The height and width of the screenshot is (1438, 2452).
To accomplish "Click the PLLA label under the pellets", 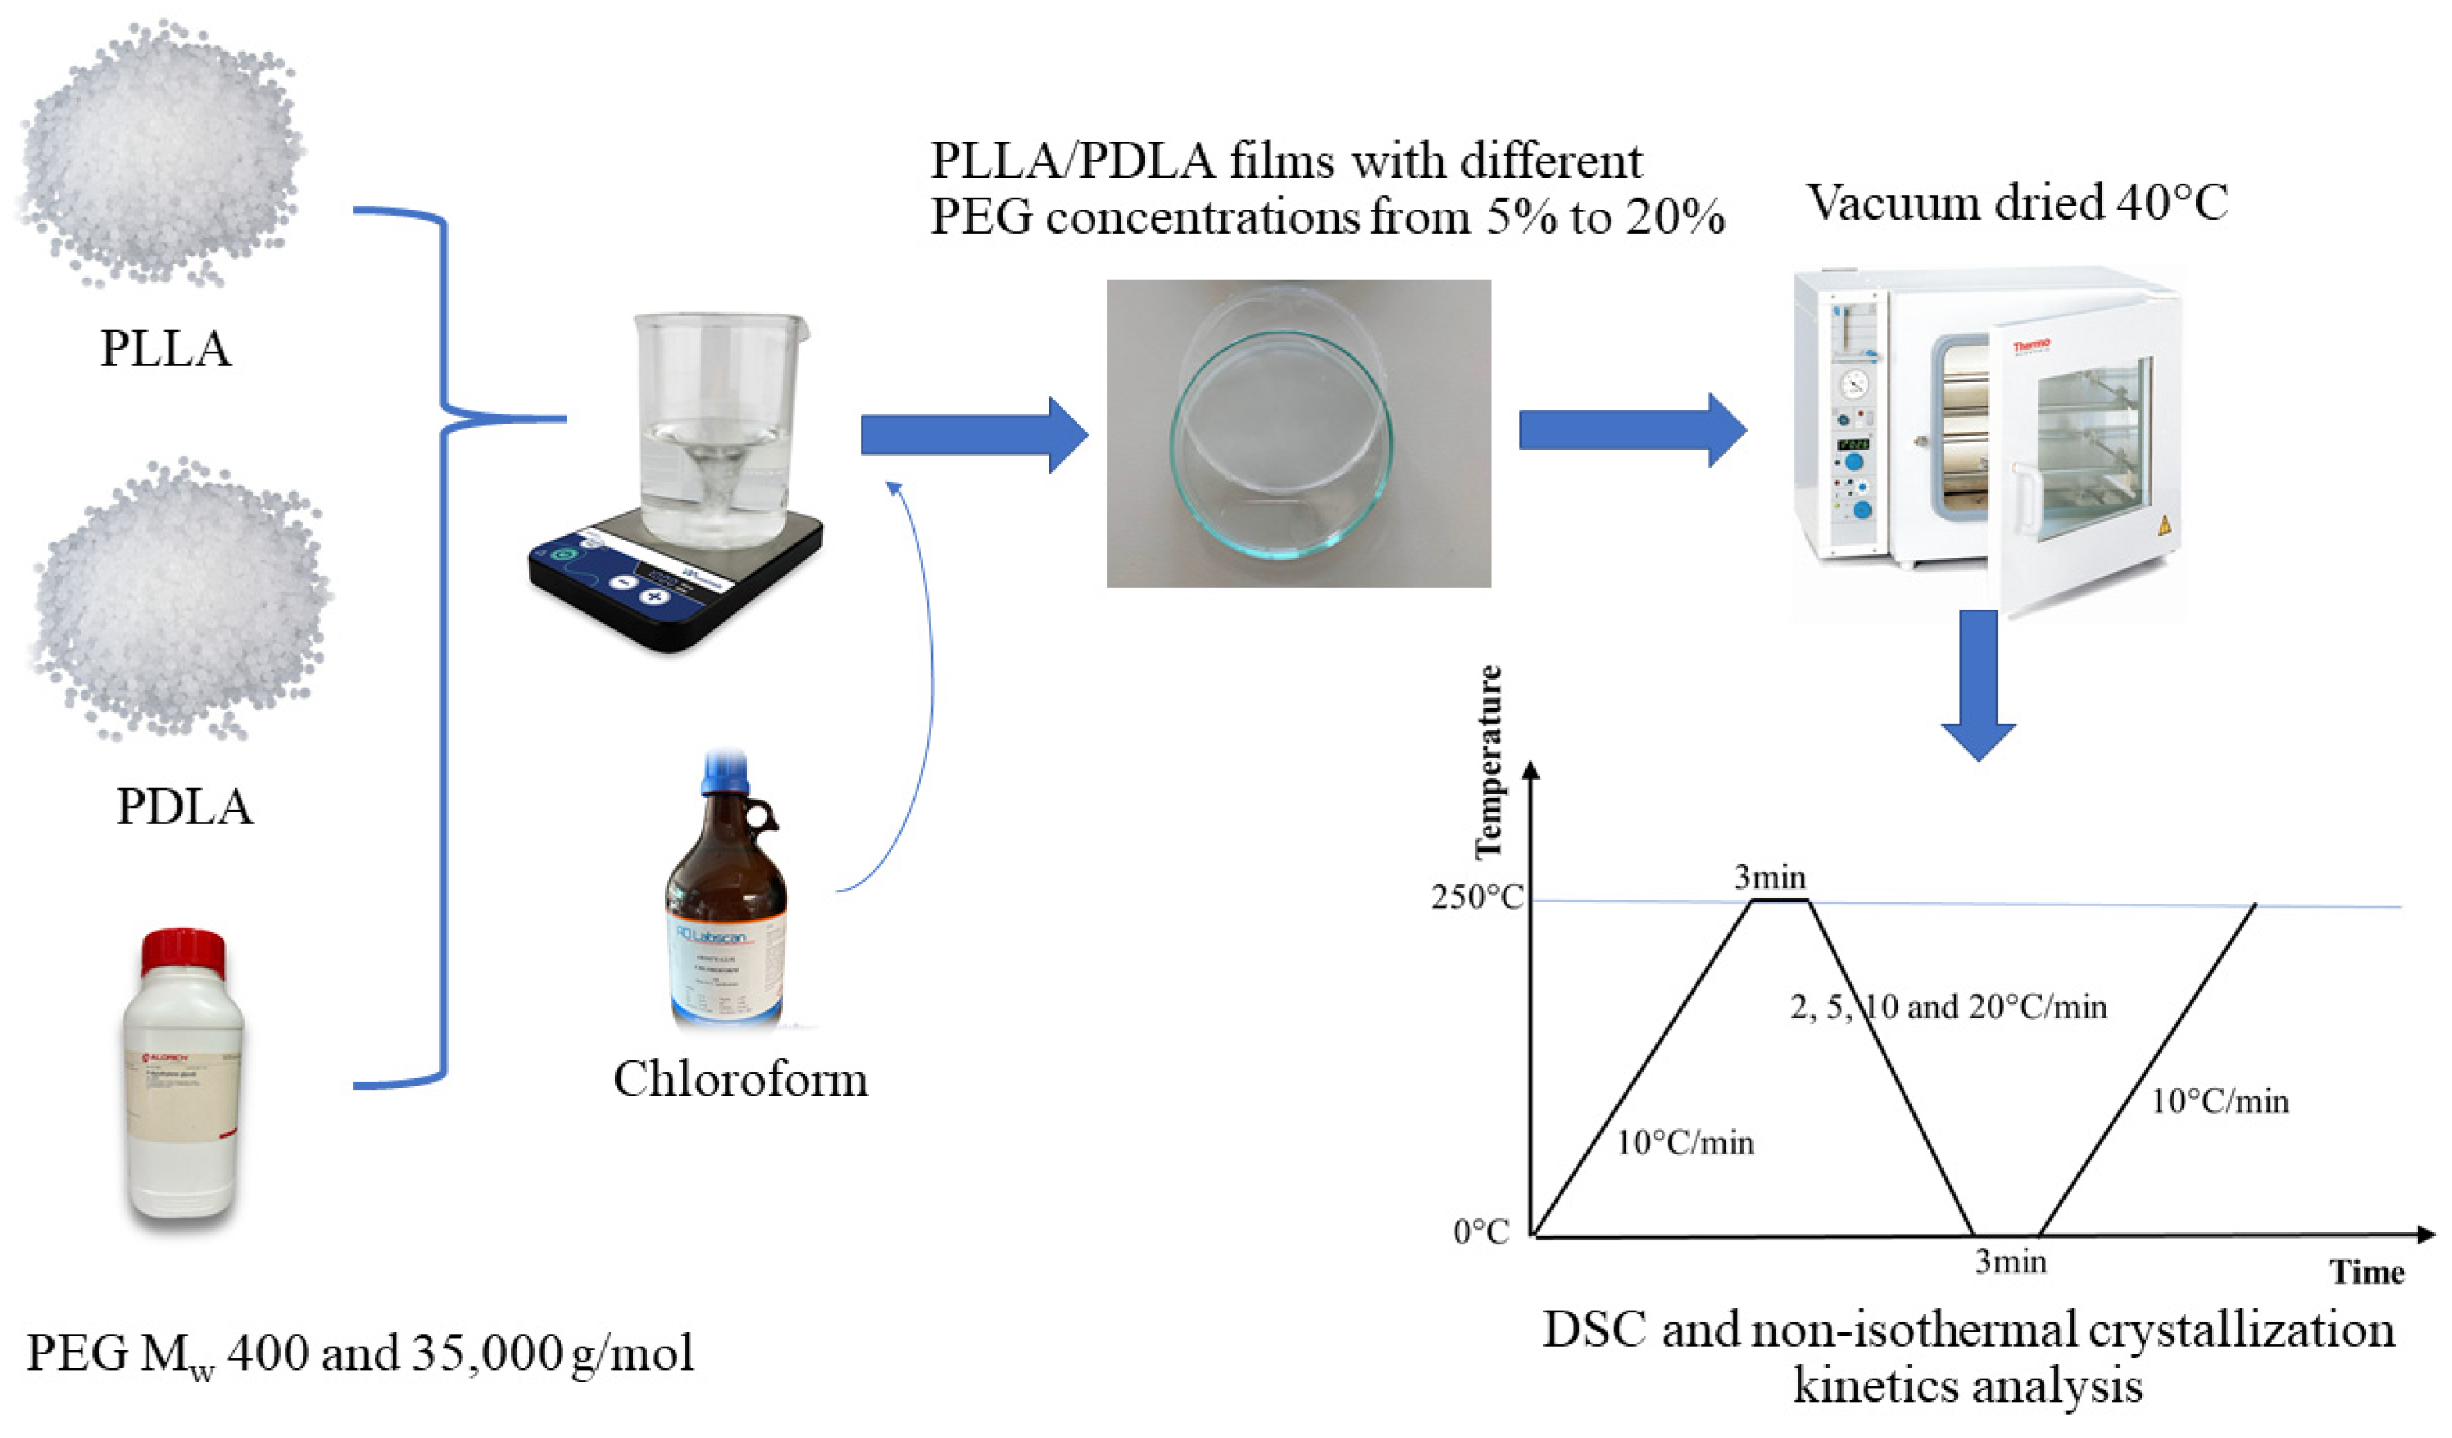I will point(166,348).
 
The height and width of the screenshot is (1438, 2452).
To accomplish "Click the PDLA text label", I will point(184,806).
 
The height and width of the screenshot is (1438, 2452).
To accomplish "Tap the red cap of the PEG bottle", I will point(184,951).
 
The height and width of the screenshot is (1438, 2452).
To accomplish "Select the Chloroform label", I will point(740,1079).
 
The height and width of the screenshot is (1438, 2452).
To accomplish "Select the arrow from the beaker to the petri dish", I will point(973,434).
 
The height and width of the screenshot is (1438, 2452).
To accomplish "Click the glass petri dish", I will point(1281,443).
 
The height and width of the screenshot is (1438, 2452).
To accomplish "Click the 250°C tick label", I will point(1476,897).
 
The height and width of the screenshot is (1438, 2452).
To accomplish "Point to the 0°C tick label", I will point(1481,1232).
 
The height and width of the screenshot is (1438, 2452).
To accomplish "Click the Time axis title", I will point(2366,1272).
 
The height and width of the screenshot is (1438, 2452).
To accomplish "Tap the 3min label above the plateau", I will point(1770,877).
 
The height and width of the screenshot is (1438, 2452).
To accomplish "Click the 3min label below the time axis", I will point(2010,1262).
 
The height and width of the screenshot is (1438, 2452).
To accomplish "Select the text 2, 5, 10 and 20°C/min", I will point(1948,1006).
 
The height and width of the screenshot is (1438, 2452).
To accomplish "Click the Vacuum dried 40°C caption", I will point(2017,203).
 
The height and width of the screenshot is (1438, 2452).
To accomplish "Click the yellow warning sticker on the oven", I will point(2164,526).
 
